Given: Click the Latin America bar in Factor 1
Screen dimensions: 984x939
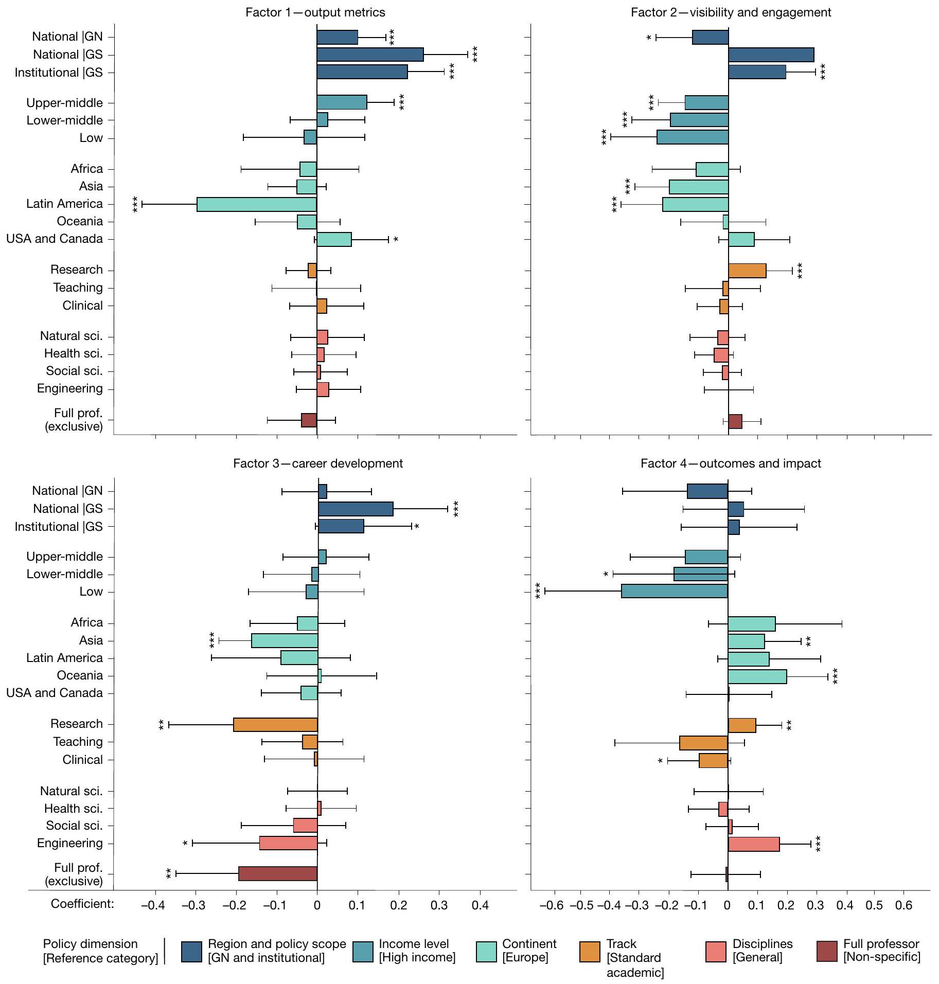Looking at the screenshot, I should click(256, 204).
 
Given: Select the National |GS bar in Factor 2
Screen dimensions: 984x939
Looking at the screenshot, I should click(771, 55).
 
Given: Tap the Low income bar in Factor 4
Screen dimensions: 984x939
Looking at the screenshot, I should click(674, 591).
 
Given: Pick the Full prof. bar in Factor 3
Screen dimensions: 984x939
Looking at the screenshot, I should click(278, 874).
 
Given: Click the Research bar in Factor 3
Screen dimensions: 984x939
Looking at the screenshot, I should click(275, 724).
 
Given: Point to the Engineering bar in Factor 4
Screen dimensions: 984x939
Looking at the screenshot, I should click(753, 844).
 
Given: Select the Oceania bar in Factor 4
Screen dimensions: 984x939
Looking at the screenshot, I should click(757, 676).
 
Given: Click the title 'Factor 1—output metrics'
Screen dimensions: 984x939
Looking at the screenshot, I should click(315, 12).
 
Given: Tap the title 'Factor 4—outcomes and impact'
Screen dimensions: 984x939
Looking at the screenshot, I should click(730, 463).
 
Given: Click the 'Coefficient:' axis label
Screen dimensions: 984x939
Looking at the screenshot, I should click(82, 904).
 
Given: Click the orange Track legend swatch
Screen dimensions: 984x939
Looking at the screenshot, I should click(590, 951).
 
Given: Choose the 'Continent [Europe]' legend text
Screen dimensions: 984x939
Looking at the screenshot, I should click(529, 951).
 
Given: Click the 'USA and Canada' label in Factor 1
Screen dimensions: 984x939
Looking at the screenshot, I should click(55, 239).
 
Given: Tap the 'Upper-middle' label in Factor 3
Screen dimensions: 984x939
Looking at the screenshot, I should click(65, 557).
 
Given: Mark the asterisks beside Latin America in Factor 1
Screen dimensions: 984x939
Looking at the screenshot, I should click(135, 204).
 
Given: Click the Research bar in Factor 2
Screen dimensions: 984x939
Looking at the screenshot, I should click(747, 271).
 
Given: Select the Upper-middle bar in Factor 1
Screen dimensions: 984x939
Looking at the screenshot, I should click(342, 102).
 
